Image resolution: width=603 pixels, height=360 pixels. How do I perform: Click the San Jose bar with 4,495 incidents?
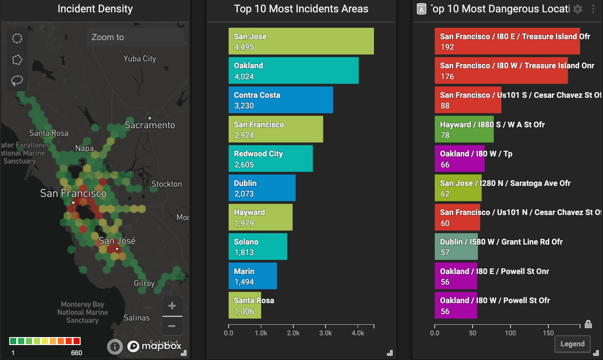301,41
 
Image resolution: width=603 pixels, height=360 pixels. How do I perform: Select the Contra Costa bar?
281,100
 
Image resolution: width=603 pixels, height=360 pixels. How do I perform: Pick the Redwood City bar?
270,159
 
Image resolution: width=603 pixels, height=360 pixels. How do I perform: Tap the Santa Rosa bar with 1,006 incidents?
245,305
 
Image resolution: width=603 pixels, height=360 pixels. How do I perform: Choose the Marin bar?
252,276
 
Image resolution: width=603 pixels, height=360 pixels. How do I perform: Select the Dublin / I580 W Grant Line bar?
456,247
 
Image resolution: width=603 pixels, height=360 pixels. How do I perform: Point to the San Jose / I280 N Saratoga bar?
458,188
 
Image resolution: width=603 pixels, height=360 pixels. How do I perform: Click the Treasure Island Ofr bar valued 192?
507,41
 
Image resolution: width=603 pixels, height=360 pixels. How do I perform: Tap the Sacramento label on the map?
150,125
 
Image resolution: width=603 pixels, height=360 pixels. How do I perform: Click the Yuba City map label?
140,59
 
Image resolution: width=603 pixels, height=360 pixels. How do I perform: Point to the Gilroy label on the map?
144,283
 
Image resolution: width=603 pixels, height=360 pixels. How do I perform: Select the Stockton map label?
166,184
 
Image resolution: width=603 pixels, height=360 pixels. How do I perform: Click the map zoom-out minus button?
172,327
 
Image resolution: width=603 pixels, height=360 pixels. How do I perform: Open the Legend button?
572,344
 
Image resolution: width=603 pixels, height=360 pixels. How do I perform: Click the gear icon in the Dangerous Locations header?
578,9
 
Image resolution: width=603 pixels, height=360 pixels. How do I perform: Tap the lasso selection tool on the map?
17,81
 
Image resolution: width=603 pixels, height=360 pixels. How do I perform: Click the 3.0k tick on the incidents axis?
326,333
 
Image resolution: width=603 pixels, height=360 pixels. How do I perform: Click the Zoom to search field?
134,37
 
